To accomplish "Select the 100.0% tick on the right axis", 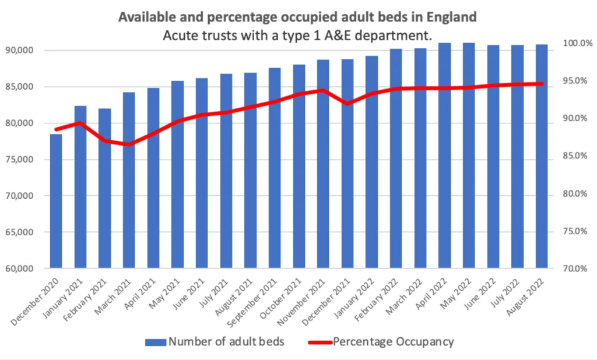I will [577, 43].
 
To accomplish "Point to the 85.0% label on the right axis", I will [577, 156].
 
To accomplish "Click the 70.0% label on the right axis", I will [577, 269].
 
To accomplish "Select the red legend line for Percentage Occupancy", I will [318, 341].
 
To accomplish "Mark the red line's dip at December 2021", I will [347, 104].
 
